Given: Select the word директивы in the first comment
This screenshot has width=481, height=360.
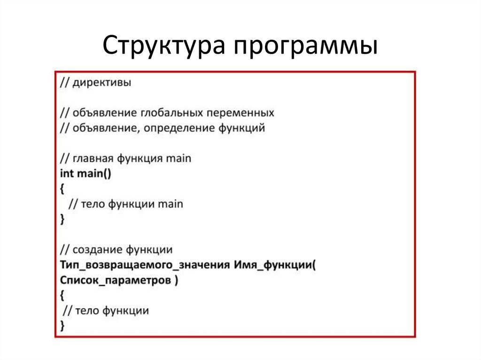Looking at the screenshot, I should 102,84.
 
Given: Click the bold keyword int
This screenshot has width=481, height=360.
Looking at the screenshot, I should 67,173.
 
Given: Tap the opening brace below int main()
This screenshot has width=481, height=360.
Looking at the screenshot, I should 62,189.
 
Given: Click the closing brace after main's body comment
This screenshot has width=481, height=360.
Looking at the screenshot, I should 62,219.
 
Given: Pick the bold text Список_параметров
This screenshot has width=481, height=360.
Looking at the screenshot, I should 116,280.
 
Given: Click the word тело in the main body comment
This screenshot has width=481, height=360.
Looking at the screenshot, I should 93,204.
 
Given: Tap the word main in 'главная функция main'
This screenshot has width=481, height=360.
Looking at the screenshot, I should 178,159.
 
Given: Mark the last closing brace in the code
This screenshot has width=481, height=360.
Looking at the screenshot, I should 62,325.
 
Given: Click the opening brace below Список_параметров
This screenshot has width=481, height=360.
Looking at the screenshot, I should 62,295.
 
